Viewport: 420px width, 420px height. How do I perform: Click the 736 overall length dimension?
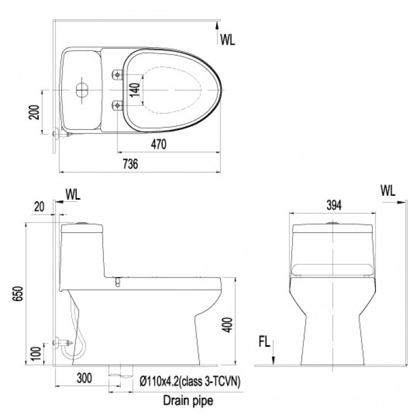[x=131, y=163]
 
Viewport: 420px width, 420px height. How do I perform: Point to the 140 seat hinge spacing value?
[x=135, y=90]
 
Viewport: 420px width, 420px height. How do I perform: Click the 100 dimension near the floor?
[x=37, y=353]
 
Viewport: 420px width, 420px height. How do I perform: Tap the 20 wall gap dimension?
[x=39, y=207]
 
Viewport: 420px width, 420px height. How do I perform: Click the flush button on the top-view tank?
[x=82, y=91]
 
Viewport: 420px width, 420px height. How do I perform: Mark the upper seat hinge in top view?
[x=117, y=74]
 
